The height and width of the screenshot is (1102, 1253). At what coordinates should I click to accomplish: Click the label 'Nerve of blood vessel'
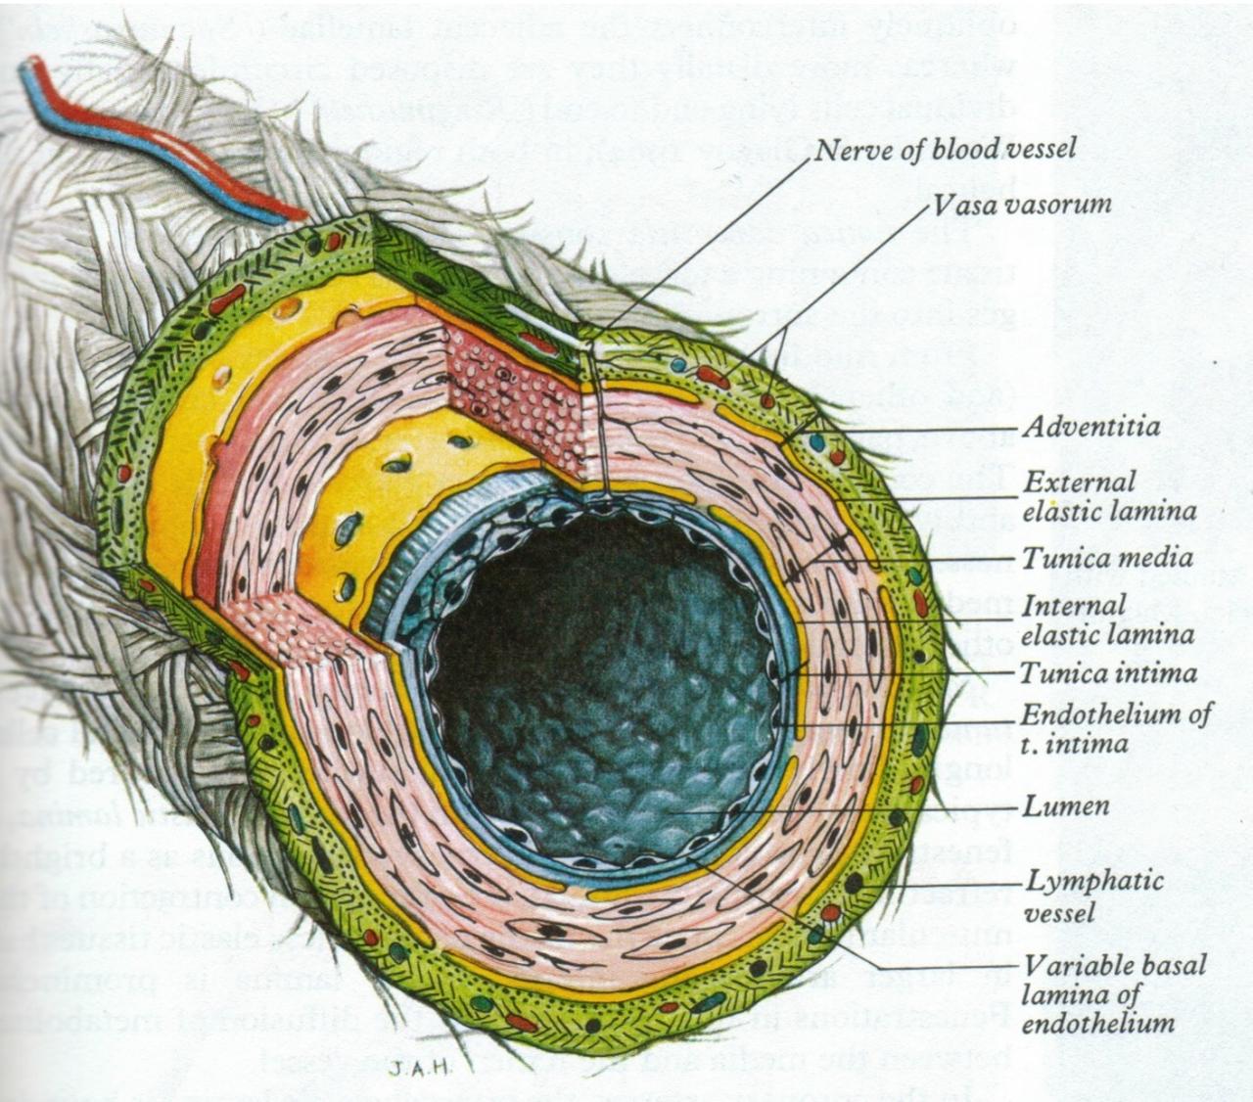pyautogui.click(x=945, y=149)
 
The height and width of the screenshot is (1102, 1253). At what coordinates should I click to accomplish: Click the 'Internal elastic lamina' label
pyautogui.click(x=1107, y=620)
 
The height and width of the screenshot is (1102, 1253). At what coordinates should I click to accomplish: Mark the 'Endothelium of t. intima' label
pyautogui.click(x=1115, y=728)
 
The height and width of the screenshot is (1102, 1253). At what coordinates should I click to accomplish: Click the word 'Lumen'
pyautogui.click(x=1066, y=806)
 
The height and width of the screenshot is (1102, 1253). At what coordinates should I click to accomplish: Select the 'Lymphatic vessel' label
pyautogui.click(x=1093, y=895)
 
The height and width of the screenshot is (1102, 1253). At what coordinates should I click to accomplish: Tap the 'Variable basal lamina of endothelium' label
pyautogui.click(x=1113, y=994)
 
